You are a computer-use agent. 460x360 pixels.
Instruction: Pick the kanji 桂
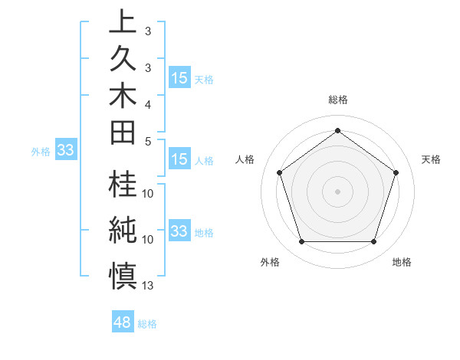(x=122, y=187)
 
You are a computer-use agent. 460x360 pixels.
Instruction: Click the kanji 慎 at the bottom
(x=122, y=272)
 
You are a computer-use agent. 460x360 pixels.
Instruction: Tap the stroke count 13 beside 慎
(x=149, y=286)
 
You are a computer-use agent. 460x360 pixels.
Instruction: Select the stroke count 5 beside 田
(x=148, y=141)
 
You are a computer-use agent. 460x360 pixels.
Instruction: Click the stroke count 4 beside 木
(x=148, y=103)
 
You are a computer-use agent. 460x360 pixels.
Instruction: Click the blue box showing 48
(x=123, y=322)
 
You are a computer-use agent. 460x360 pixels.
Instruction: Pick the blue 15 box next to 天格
(x=179, y=78)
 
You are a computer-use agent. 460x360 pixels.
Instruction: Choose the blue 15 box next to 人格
(x=179, y=160)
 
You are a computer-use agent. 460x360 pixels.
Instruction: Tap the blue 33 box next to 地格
(x=179, y=231)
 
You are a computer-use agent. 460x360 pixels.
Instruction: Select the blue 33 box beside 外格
(x=66, y=151)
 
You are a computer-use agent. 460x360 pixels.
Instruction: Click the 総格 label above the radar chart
(x=337, y=100)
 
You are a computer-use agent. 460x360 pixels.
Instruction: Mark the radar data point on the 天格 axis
(x=396, y=172)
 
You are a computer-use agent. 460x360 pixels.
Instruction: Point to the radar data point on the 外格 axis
(x=301, y=242)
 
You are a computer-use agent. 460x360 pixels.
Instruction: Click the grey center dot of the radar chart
(x=337, y=191)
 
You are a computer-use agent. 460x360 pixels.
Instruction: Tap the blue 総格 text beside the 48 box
(x=147, y=324)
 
